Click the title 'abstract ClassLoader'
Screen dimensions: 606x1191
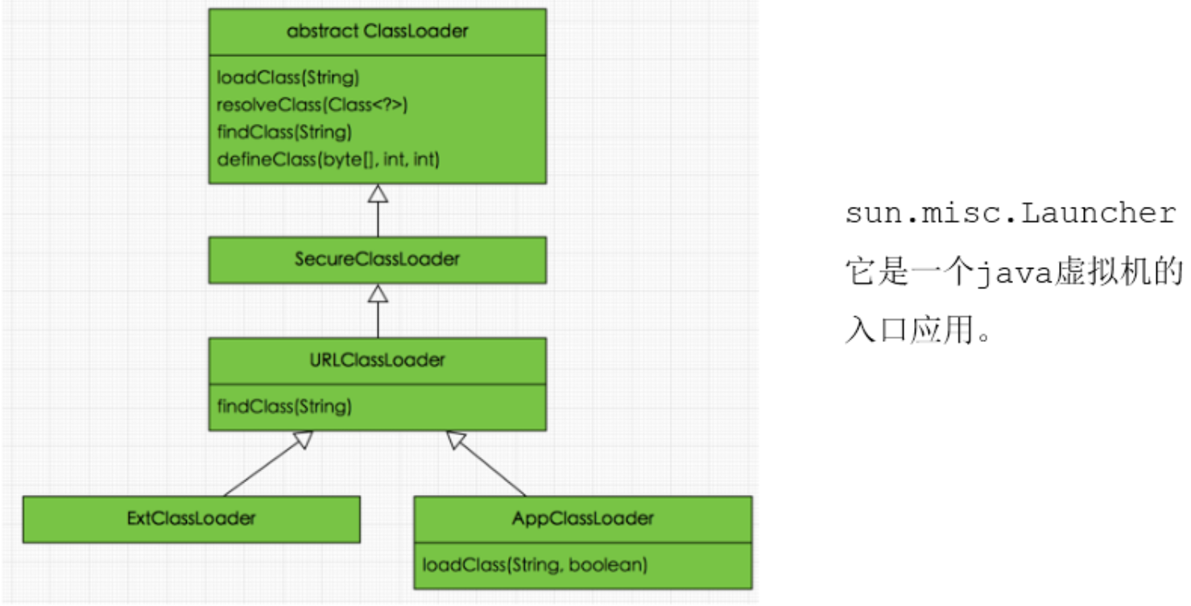pos(377,32)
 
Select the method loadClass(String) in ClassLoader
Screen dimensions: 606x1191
pos(287,78)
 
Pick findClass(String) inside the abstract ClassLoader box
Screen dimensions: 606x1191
pos(284,132)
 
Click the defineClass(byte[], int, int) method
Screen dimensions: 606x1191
pos(328,159)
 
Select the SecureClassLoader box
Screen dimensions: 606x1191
pos(377,259)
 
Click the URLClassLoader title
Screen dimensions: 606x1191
pos(377,360)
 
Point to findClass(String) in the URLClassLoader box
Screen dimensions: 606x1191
pos(284,406)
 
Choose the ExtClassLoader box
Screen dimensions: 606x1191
pos(191,518)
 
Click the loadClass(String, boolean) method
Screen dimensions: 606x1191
pos(535,565)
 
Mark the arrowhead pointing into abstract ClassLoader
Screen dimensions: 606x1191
pos(378,193)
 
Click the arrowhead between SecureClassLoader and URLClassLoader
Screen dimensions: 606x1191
pos(378,294)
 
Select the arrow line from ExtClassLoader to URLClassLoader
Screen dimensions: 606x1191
pos(262,465)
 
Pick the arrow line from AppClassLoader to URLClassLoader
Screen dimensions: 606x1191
pos(490,465)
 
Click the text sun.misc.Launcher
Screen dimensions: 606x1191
pos(1010,214)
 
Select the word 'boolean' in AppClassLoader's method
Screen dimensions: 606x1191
pos(607,565)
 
